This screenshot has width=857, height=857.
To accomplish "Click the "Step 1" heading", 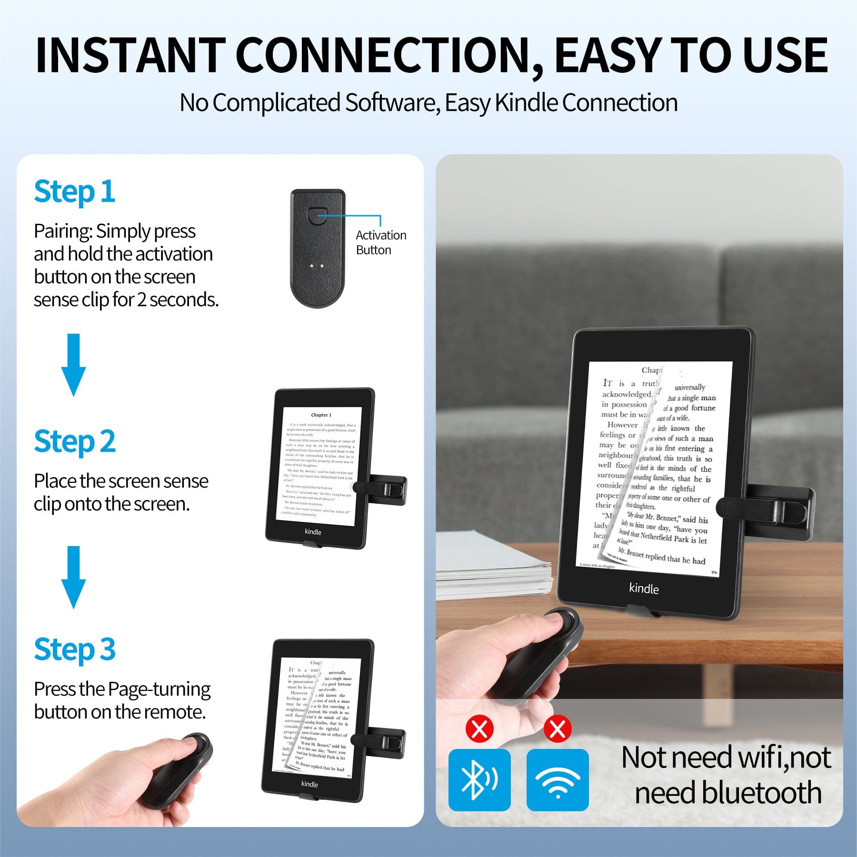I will point(75,191).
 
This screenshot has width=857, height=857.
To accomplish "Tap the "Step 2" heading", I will point(75,441).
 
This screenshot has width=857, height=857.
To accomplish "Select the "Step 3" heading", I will point(75,649).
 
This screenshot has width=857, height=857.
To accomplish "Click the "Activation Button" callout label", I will point(380,242).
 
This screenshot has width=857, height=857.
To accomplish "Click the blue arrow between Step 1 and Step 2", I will point(73,364).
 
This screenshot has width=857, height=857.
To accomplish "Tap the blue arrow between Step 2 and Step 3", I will point(73,577).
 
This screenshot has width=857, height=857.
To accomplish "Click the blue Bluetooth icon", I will point(479,779).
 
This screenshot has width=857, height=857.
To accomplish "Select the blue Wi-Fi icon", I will point(558,779).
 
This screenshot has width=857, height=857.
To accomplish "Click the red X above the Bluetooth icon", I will point(479,728).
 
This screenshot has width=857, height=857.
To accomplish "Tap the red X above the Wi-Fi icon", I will point(558,728).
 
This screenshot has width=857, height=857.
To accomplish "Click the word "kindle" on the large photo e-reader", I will point(644,588).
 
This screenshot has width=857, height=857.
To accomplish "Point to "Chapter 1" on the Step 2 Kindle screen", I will point(321,415).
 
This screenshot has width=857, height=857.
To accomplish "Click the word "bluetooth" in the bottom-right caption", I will point(728,793).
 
